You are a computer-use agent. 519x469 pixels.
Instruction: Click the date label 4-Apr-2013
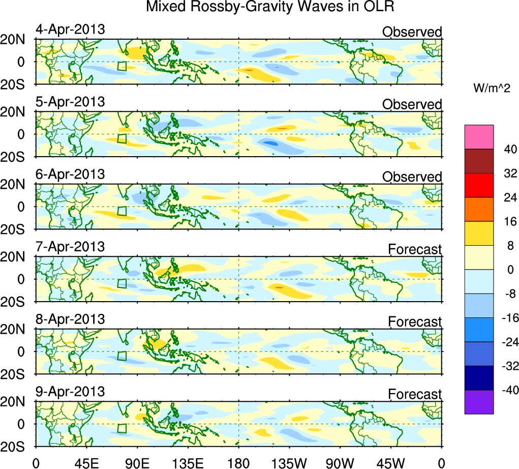(70, 30)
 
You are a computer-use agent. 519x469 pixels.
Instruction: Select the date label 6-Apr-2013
(70, 174)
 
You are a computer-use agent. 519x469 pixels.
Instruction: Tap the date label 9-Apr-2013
(70, 392)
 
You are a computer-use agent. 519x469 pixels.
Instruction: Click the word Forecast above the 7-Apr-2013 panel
(415, 250)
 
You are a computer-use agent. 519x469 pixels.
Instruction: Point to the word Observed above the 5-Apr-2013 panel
(412, 105)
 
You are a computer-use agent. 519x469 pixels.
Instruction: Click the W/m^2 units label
(492, 89)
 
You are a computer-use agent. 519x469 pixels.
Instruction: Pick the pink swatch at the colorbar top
(479, 137)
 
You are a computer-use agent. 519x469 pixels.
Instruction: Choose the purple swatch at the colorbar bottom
(479, 402)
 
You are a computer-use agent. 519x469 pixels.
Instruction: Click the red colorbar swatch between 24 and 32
(479, 185)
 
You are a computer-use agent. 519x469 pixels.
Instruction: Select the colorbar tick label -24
(506, 342)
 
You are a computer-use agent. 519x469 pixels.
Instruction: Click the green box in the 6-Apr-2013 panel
(121, 211)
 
